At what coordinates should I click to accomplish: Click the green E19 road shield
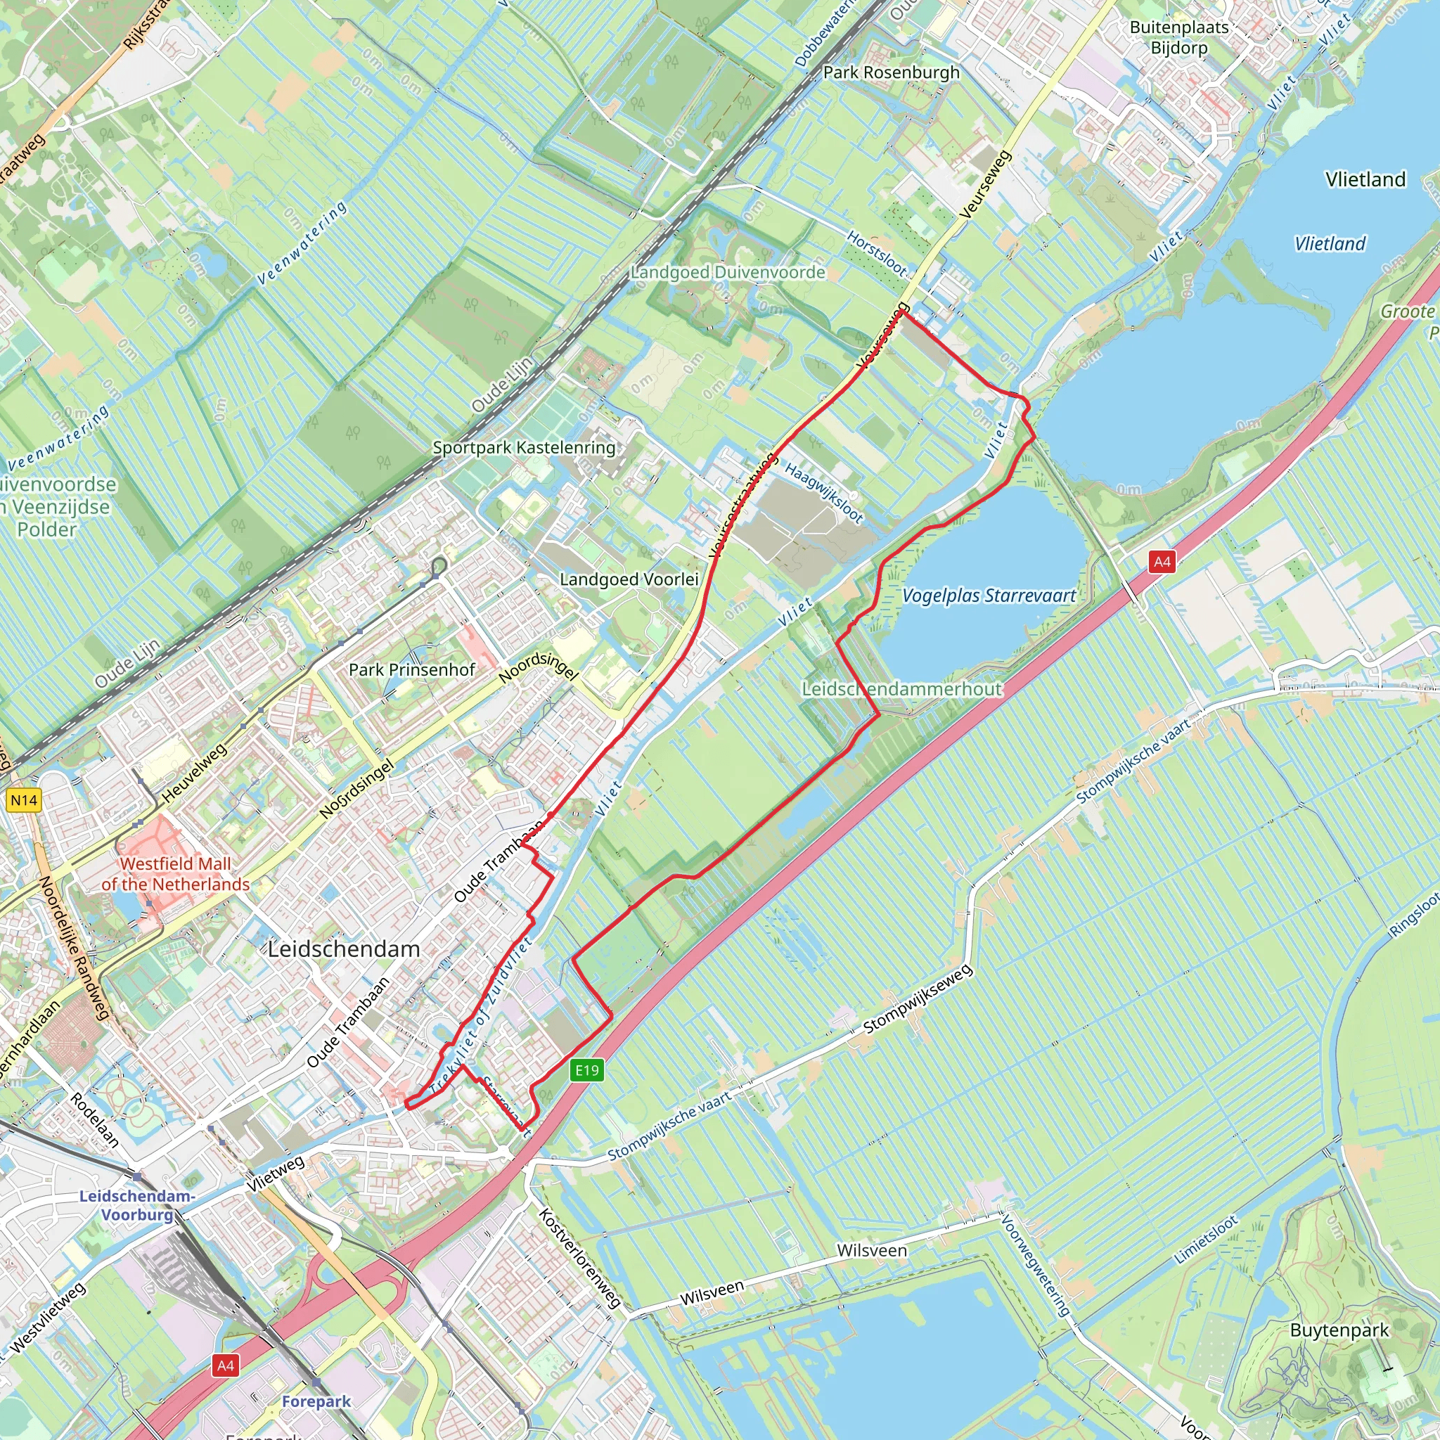(x=586, y=1070)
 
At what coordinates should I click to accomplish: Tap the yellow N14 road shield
(x=24, y=800)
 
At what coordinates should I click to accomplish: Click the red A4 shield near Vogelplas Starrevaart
(x=1162, y=562)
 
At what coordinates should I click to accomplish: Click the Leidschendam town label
(x=344, y=949)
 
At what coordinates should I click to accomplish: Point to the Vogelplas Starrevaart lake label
(x=989, y=596)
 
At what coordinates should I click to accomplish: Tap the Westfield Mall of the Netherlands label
(x=176, y=873)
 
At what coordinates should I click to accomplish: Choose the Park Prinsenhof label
(x=411, y=669)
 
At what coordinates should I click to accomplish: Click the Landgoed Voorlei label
(x=629, y=579)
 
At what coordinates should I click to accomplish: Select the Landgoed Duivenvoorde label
(x=728, y=272)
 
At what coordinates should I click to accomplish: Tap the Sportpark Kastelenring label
(x=524, y=447)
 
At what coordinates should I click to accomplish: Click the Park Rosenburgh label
(x=891, y=72)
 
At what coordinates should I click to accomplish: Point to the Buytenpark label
(x=1339, y=1330)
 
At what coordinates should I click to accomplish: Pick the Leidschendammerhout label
(x=901, y=688)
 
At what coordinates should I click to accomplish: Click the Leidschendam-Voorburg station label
(x=137, y=1205)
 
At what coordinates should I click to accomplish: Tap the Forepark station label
(x=316, y=1401)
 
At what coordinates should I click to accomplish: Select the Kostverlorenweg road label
(x=579, y=1258)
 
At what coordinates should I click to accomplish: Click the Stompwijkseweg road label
(x=918, y=998)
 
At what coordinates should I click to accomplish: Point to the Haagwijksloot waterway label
(x=823, y=492)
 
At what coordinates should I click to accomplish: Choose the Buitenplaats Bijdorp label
(x=1178, y=37)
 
